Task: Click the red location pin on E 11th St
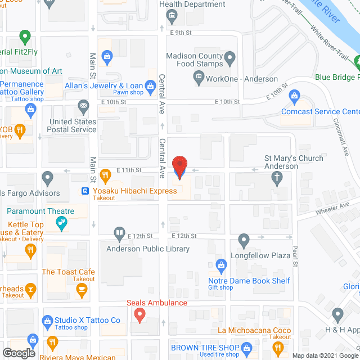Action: (x=179, y=168)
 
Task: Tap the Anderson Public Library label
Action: (x=148, y=249)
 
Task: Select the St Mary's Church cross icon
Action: (x=277, y=178)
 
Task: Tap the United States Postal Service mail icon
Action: (x=84, y=105)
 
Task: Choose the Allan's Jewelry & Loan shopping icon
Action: (x=150, y=85)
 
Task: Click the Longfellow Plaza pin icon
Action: (x=244, y=240)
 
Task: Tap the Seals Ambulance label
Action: (x=156, y=303)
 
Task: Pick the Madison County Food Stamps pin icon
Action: (x=229, y=57)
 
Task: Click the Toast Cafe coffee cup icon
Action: (x=82, y=290)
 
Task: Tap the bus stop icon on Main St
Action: (x=85, y=191)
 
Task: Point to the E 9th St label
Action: (x=181, y=32)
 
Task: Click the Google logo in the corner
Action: (x=19, y=353)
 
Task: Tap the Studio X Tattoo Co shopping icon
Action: (x=47, y=321)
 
